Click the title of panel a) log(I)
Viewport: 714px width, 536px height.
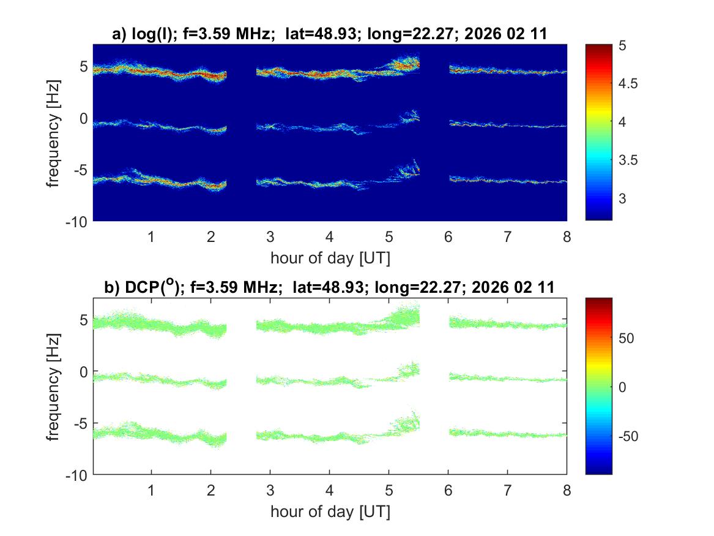pos(329,35)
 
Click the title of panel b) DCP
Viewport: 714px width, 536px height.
pos(329,287)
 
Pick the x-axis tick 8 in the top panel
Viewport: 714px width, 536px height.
pos(567,236)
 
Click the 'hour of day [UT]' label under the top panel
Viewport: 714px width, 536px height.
pos(329,258)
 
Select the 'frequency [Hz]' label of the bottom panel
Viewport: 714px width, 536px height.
pos(54,387)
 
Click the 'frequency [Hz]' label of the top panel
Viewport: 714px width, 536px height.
pos(54,132)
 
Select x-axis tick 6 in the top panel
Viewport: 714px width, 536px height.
pos(448,236)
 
